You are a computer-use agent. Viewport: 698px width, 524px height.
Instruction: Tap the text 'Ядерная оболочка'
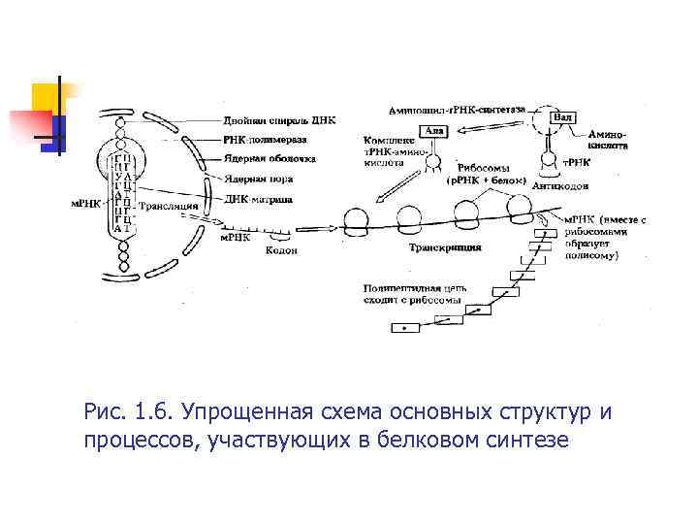pyautogui.click(x=269, y=159)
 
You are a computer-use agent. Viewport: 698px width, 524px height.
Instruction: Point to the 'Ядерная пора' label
pyautogui.click(x=255, y=180)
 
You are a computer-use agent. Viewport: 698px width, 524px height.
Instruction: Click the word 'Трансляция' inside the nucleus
pyautogui.click(x=170, y=206)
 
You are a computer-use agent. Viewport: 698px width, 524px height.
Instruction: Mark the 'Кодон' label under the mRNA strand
pyautogui.click(x=281, y=250)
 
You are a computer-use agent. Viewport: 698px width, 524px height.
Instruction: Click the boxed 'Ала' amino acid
pyautogui.click(x=434, y=129)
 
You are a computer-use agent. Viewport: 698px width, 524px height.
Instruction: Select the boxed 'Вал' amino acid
pyautogui.click(x=562, y=116)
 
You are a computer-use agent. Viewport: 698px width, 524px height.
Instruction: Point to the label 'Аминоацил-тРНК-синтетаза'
pyautogui.click(x=458, y=110)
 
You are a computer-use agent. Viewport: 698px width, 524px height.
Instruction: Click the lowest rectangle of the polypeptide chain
pyautogui.click(x=405, y=328)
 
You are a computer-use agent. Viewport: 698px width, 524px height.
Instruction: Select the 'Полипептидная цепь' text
pyautogui.click(x=402, y=288)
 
